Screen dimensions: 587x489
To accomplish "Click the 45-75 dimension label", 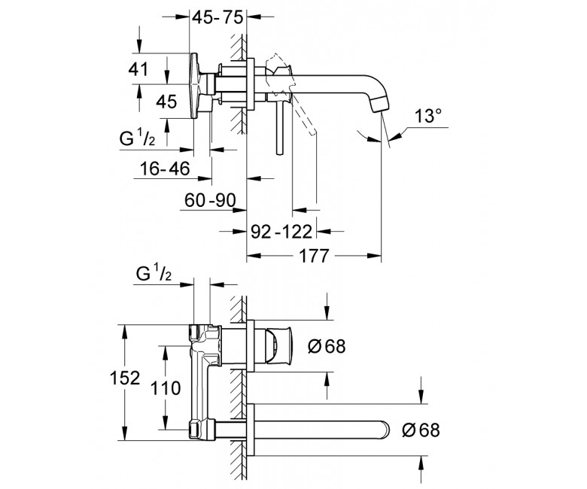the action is tap(218, 17).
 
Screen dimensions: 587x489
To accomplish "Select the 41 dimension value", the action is tap(138, 69).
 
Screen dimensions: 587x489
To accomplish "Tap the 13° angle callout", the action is tap(428, 116).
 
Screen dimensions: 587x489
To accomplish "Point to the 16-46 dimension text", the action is tap(165, 169).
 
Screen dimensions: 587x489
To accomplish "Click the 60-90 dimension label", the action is tap(210, 201).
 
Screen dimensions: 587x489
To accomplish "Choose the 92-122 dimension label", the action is tap(281, 232).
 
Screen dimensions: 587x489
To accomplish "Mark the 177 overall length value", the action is tap(314, 257).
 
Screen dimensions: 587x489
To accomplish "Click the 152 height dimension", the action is tap(125, 378).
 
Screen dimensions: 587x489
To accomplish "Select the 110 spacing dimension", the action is tap(166, 388).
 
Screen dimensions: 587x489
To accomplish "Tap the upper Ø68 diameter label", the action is tap(327, 346).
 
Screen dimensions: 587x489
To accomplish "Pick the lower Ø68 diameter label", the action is tap(421, 430).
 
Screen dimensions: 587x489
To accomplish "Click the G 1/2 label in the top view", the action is tap(137, 139).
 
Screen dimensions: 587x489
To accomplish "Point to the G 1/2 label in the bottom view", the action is tap(154, 274).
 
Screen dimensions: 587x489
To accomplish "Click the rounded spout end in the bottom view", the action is tap(385, 430).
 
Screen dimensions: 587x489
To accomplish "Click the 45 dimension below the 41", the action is tap(166, 102).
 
